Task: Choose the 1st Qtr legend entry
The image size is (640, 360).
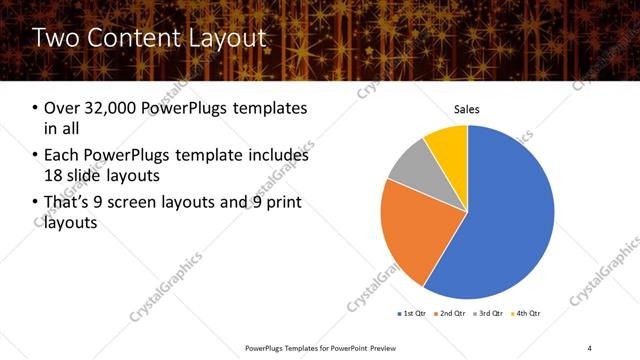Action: click(413, 314)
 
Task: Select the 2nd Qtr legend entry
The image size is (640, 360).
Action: click(451, 314)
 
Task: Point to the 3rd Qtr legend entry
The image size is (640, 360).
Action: click(489, 314)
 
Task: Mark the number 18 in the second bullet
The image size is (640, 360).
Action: click(54, 176)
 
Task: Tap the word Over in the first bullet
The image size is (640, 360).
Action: click(63, 108)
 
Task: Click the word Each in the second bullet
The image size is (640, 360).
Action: click(62, 156)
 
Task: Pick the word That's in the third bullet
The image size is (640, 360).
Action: click(68, 204)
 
